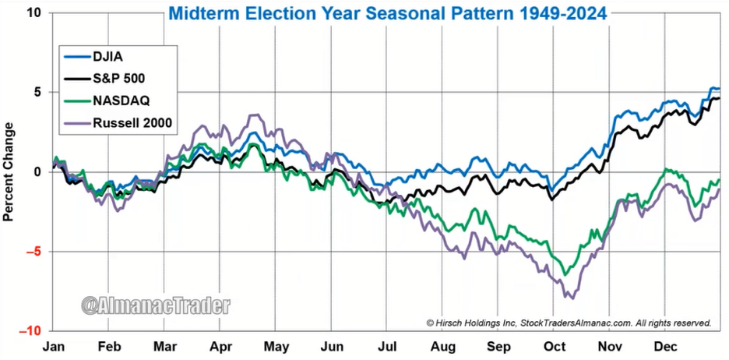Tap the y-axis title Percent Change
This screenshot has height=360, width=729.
click(9, 171)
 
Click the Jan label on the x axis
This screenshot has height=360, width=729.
click(52, 345)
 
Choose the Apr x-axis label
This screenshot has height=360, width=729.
click(221, 345)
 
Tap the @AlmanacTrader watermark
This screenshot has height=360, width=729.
click(157, 305)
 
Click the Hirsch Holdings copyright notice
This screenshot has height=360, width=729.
click(569, 322)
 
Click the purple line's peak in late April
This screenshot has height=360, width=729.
click(252, 115)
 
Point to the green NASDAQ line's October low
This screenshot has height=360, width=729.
click(565, 274)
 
